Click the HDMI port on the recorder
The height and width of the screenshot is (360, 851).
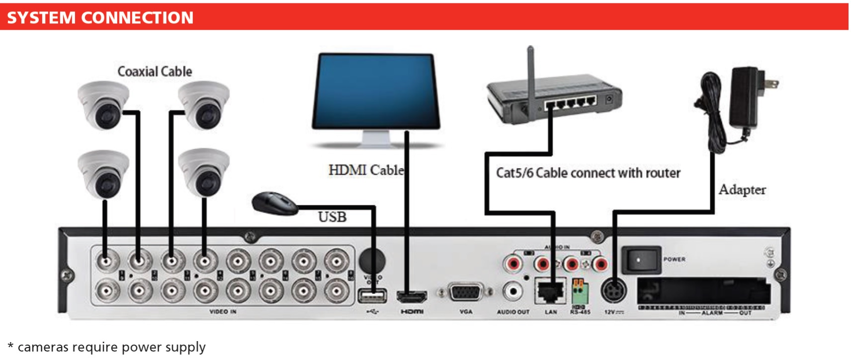412,297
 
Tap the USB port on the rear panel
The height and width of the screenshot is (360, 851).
372,296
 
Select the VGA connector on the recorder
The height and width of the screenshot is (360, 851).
466,293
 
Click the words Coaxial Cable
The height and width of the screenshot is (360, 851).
155,72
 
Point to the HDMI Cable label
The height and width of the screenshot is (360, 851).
366,170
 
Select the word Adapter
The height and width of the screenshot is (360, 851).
742,189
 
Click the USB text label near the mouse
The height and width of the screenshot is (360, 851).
332,217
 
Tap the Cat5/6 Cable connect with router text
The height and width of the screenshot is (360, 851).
588,173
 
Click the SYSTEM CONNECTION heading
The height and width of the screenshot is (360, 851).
100,18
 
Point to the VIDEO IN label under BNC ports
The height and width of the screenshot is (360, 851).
223,312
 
